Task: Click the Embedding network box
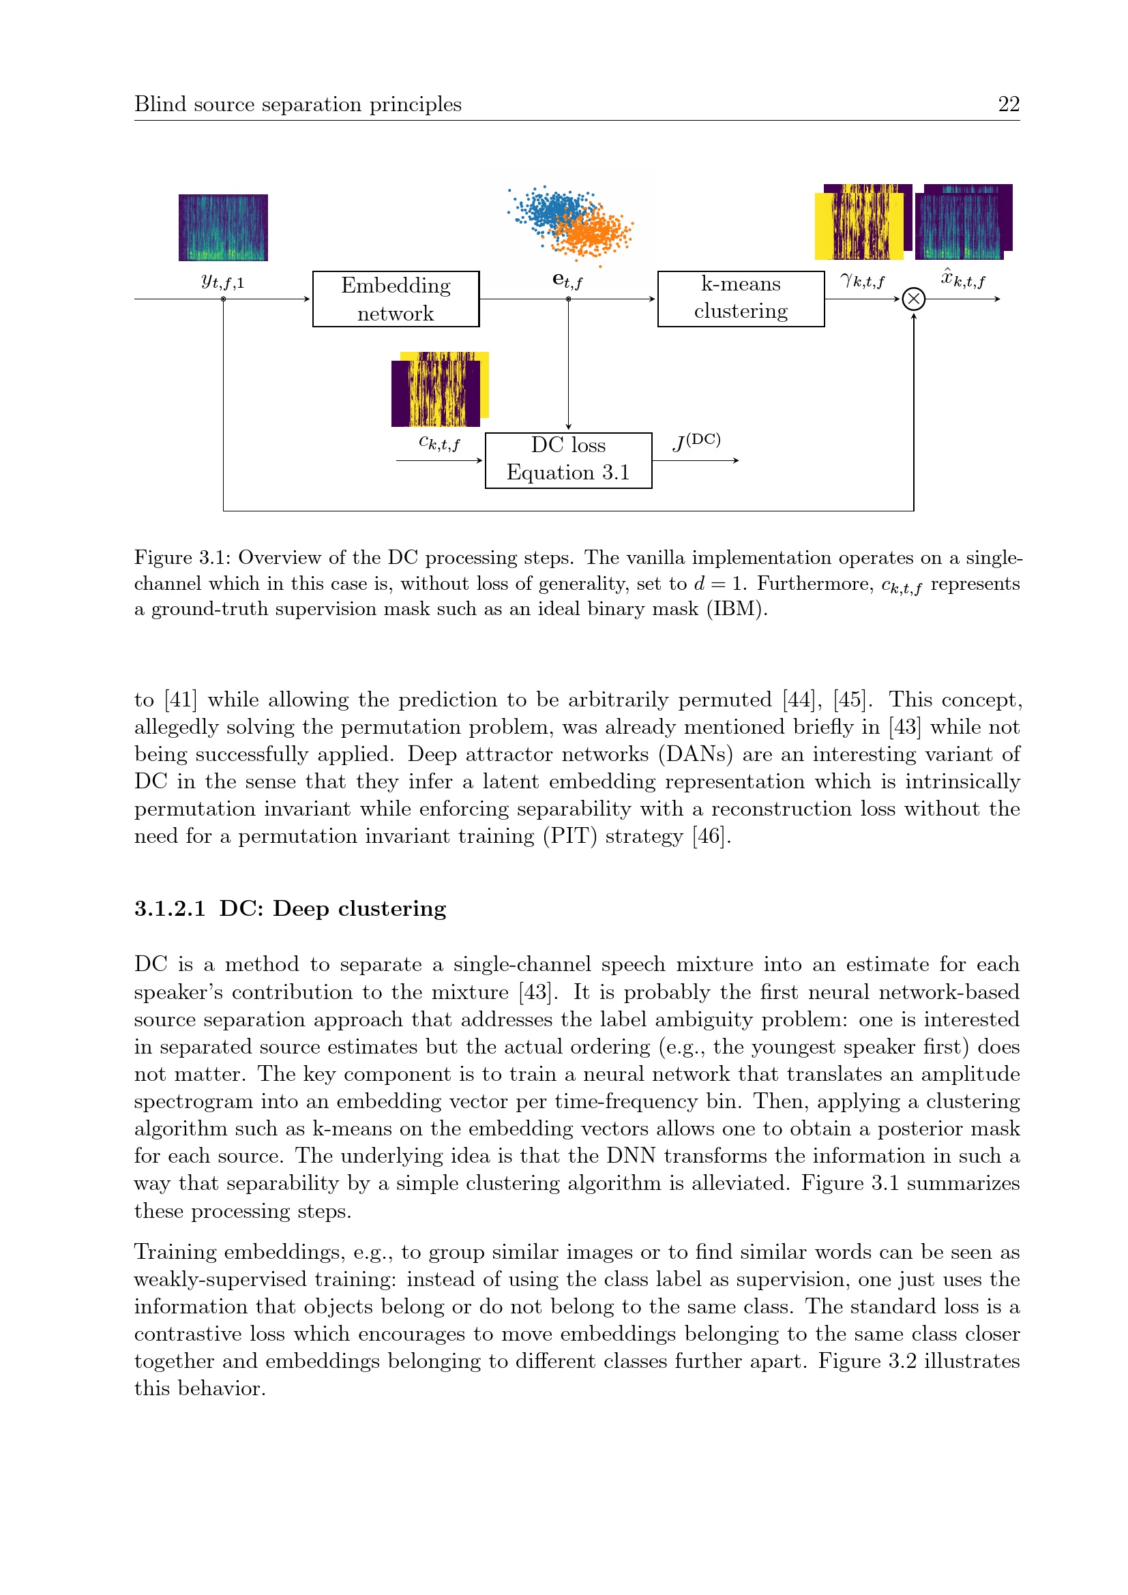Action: point(396,299)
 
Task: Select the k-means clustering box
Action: point(741,299)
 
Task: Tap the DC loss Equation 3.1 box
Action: point(567,460)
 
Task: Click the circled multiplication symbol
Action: point(913,299)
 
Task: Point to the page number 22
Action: point(1009,104)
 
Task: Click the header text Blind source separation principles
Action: point(297,104)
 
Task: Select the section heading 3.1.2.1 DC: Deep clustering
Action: point(290,908)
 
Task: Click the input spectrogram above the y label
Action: point(223,227)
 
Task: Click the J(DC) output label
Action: point(696,441)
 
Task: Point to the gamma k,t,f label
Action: point(862,281)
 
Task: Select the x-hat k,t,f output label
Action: point(963,280)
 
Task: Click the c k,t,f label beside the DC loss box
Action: point(439,443)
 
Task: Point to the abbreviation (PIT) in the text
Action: point(569,836)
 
